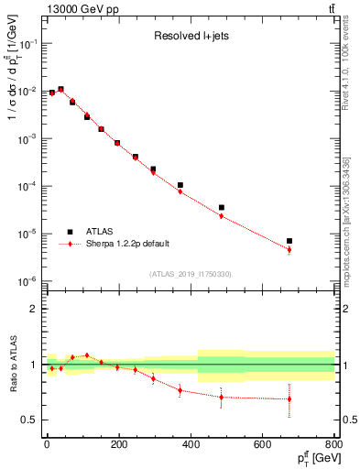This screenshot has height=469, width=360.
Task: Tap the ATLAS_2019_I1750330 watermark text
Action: pyautogui.click(x=191, y=273)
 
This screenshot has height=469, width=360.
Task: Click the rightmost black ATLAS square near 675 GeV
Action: pyautogui.click(x=289, y=241)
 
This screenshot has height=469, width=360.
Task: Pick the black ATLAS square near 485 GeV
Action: pyautogui.click(x=222, y=208)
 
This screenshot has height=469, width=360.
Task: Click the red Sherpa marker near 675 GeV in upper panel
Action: pyautogui.click(x=289, y=249)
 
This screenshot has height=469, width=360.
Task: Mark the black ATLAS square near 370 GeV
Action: pyautogui.click(x=180, y=185)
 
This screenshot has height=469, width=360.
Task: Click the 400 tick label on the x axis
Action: pyautogui.click(x=190, y=446)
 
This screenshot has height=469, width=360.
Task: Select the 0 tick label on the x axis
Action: pyautogui.click(x=47, y=446)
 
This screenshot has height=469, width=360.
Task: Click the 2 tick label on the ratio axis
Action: pyautogui.click(x=33, y=309)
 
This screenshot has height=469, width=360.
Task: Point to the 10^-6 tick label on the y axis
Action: pyautogui.click(x=25, y=280)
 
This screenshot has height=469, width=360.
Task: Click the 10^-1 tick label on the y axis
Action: pyautogui.click(x=25, y=44)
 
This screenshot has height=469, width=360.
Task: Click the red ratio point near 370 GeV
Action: pyautogui.click(x=180, y=390)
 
